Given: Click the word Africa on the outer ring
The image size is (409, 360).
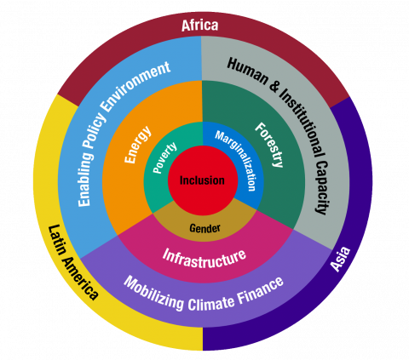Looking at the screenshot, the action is (x=199, y=26).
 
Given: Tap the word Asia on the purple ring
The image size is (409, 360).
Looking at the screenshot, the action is (x=340, y=260).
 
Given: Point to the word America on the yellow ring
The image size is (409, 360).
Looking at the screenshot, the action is (x=80, y=279).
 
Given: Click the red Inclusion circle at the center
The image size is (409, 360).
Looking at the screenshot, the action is (x=203, y=180).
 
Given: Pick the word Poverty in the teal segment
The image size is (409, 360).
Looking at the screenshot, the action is (x=164, y=157).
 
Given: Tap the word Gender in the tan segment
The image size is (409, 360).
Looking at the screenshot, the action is (x=204, y=228).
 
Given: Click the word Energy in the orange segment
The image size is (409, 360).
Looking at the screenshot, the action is (x=138, y=145).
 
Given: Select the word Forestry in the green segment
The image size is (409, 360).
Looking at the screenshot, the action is (x=269, y=145).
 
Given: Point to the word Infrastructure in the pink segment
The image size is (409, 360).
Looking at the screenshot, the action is (x=204, y=258).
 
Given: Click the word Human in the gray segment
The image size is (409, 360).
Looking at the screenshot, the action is (x=248, y=71).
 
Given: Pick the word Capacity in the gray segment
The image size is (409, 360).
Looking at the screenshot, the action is (x=323, y=188).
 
